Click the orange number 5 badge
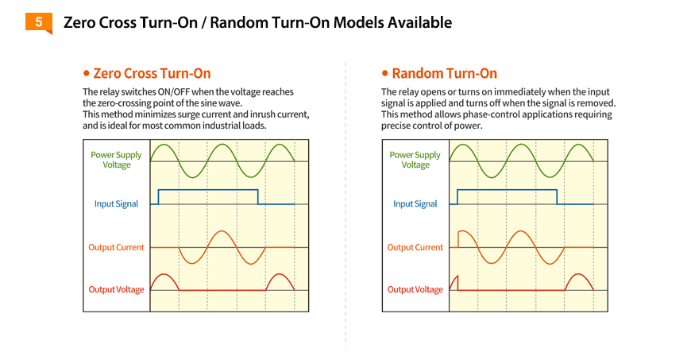pos(39,23)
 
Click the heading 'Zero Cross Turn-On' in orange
pos(152,73)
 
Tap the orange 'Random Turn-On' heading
pos(445,73)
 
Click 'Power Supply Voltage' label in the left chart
pos(116,160)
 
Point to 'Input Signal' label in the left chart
pos(116,203)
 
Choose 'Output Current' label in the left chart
pos(116,247)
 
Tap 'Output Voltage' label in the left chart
pos(116,289)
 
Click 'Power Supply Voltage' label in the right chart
pos(415,160)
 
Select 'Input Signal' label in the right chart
pos(415,203)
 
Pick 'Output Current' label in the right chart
pos(415,247)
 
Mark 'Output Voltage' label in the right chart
pos(415,289)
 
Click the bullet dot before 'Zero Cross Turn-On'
pos(87,73)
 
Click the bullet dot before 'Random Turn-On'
pos(385,73)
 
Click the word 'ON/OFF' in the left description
pos(174,91)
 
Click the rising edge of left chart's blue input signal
pos(159,197)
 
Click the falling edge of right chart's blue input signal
pos(557,197)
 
